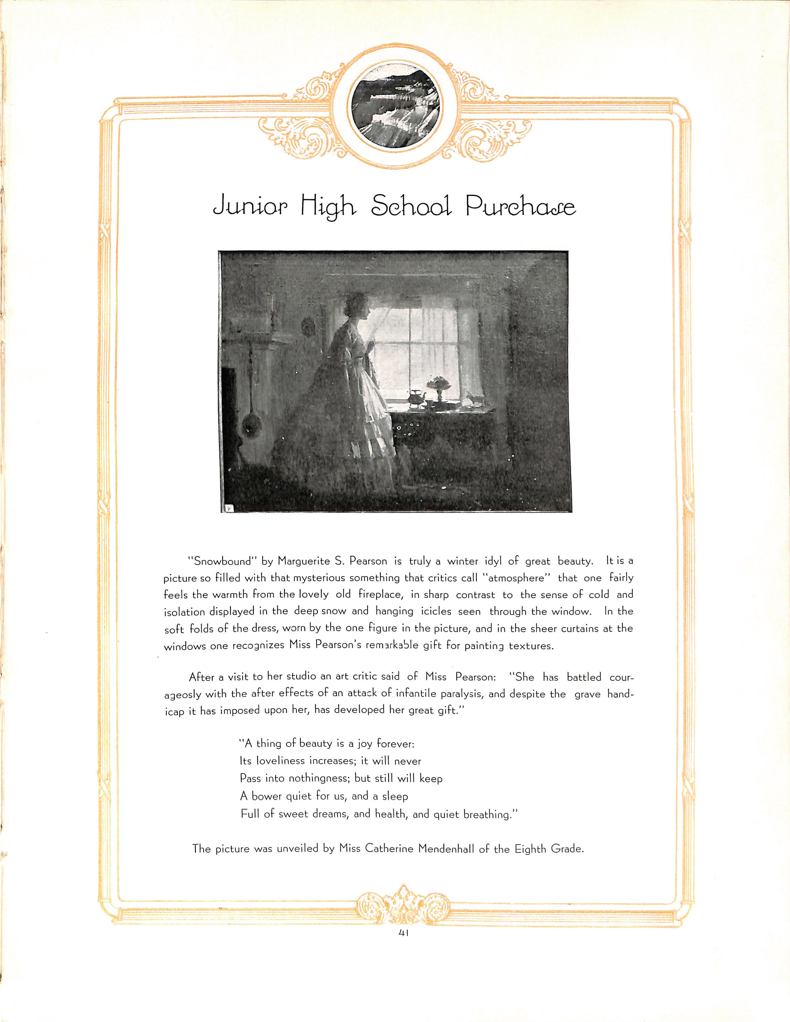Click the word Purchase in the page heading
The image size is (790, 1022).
tap(520, 207)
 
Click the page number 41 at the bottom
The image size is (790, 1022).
tap(403, 942)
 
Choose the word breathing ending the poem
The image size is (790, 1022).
tap(490, 814)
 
